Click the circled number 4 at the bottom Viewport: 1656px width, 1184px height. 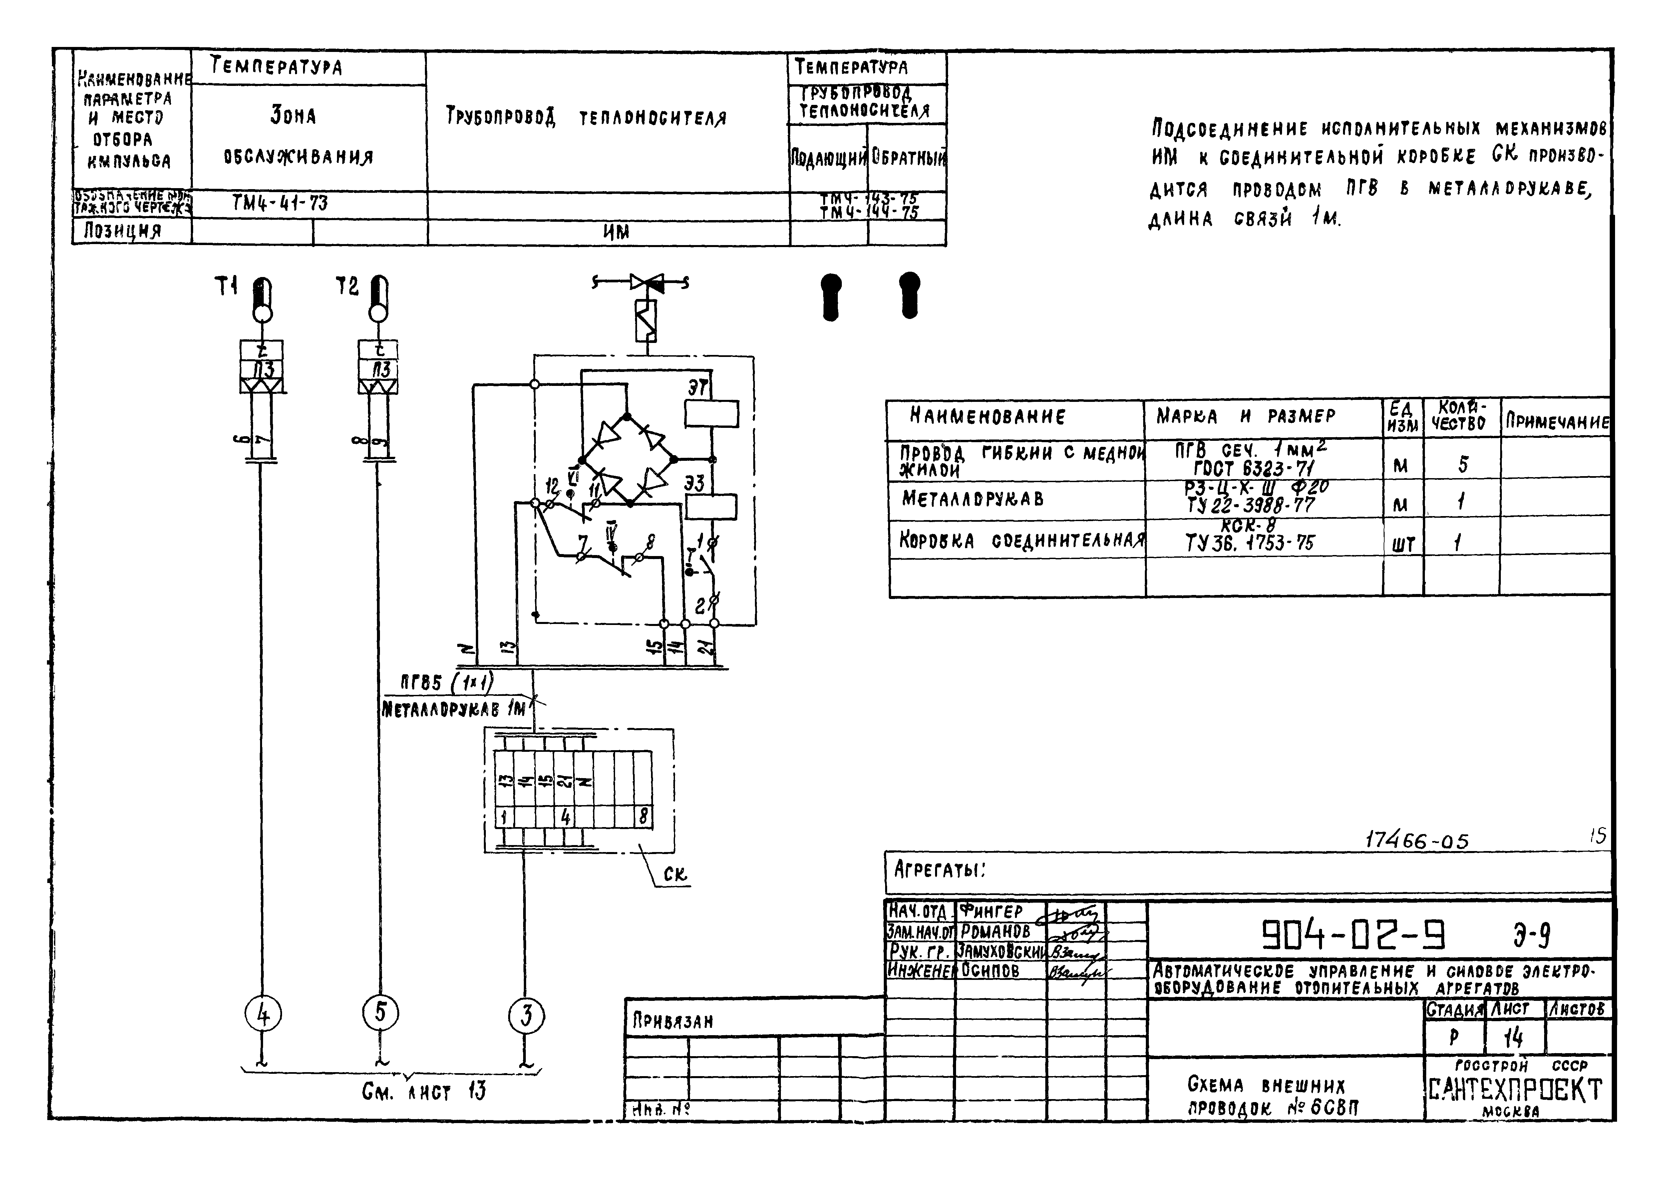click(263, 1014)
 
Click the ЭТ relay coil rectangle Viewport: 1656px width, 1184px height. click(711, 414)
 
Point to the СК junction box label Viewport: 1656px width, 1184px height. click(675, 874)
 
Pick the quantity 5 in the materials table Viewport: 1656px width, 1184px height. click(1462, 464)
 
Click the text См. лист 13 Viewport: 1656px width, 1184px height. click(424, 1091)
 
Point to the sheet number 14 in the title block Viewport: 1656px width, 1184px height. click(1514, 1037)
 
